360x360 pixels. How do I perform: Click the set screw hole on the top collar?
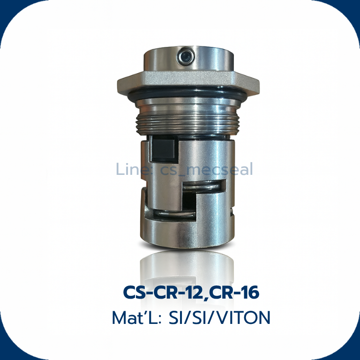186,56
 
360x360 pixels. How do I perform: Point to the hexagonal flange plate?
188,81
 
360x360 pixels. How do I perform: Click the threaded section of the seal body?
187,124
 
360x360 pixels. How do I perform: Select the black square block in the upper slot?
164,149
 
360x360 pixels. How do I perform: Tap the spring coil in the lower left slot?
174,215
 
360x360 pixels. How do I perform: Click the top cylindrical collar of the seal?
189,59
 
